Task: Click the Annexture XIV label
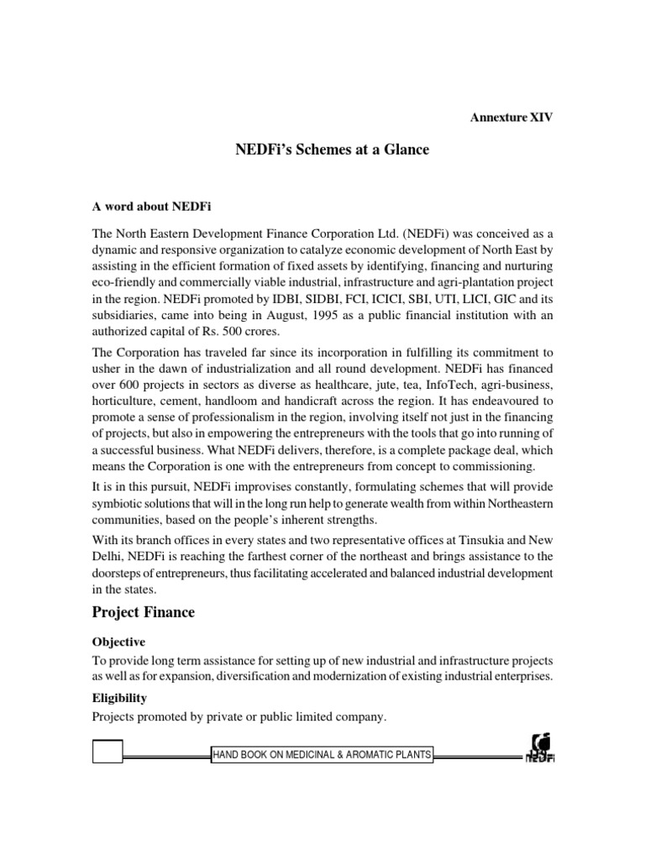point(511,118)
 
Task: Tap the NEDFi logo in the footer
point(540,747)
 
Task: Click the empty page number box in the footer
point(107,752)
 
